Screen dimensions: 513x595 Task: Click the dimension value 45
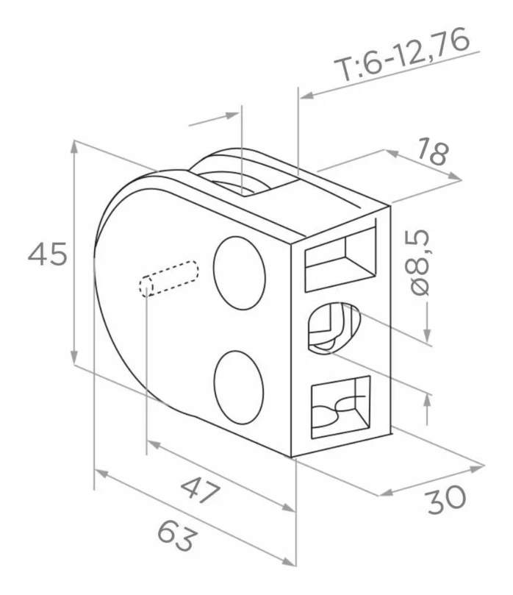coord(47,254)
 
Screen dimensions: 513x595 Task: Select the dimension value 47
coord(200,491)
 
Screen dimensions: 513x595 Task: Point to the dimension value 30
coord(446,499)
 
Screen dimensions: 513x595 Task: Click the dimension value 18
coord(433,151)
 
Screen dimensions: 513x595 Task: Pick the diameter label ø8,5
coord(420,263)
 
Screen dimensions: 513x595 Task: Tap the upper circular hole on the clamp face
coord(240,273)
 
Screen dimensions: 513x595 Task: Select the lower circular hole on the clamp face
coord(238,387)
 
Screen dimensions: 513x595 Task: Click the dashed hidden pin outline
coord(168,278)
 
